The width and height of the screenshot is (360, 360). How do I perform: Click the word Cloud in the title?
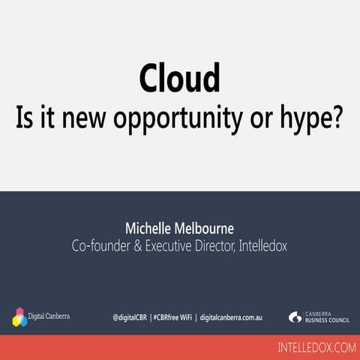click(179, 79)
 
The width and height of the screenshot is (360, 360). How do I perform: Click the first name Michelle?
click(151, 227)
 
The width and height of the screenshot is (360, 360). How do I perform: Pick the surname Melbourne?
click(208, 227)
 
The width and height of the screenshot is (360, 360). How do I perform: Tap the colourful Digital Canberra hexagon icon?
click(20, 317)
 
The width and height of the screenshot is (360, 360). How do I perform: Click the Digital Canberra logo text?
click(49, 316)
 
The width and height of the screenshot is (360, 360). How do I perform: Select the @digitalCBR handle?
click(130, 317)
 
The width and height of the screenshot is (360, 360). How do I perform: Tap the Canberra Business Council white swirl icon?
click(295, 317)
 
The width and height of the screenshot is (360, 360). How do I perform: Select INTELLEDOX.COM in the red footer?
click(315, 347)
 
